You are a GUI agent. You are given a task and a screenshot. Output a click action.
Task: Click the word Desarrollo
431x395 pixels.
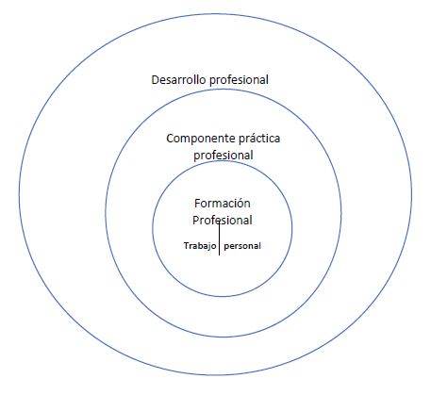pyautogui.click(x=179, y=79)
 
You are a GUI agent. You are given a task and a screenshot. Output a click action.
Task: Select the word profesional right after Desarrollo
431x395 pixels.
pyautogui.click(x=240, y=80)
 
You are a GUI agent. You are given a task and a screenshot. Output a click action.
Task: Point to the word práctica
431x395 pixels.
pyautogui.click(x=259, y=139)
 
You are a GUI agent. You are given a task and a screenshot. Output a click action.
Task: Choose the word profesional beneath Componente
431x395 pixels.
pyautogui.click(x=224, y=156)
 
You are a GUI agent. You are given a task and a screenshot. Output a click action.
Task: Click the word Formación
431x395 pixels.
pyautogui.click(x=223, y=204)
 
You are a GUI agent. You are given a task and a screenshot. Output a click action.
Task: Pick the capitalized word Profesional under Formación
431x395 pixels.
pyautogui.click(x=223, y=220)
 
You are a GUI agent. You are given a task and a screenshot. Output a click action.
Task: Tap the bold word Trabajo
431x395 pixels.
pyautogui.click(x=200, y=246)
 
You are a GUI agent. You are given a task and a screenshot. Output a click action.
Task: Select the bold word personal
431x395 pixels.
pyautogui.click(x=242, y=246)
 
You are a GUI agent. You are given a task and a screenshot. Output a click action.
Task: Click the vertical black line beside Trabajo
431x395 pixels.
pyautogui.click(x=219, y=238)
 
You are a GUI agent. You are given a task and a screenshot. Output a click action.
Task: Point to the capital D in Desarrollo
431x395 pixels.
pyautogui.click(x=155, y=80)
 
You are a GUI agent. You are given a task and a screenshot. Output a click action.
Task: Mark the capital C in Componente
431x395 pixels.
pyautogui.click(x=170, y=139)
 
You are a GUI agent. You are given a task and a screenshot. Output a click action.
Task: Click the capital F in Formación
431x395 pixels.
pyautogui.click(x=197, y=204)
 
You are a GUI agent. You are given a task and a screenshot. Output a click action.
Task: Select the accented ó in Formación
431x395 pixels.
pyautogui.click(x=240, y=203)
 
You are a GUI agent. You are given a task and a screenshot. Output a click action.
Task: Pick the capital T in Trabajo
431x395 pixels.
pyautogui.click(x=186, y=245)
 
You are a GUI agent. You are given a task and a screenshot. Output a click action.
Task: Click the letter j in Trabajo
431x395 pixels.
pyautogui.click(x=208, y=247)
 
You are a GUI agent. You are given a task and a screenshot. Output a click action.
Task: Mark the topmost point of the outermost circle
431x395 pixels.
pyautogui.click(x=216, y=14)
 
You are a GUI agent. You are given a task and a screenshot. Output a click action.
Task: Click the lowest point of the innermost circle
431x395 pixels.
pyautogui.click(x=223, y=296)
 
